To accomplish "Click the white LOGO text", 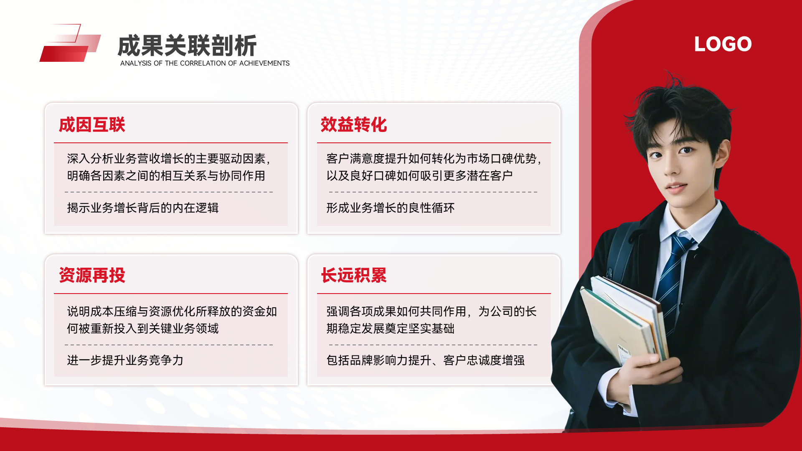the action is (723, 44).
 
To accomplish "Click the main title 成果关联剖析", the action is (187, 46).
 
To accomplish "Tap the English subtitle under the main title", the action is (205, 63).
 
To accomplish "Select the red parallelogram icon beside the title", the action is (70, 43).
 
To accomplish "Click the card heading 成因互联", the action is (92, 125).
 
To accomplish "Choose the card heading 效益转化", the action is (354, 125).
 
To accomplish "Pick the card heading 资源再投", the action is (92, 276).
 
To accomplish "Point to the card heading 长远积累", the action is (354, 276).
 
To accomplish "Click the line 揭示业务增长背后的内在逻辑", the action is (143, 208).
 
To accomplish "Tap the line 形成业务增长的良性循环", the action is (391, 208).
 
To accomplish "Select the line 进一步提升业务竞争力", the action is (125, 360).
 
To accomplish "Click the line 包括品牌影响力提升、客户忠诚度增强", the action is (426, 360).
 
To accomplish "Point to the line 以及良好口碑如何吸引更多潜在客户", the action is (420, 176).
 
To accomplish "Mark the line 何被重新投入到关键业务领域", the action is (143, 329).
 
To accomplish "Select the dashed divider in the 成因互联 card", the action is (169, 192).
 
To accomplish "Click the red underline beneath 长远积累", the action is (434, 294).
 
